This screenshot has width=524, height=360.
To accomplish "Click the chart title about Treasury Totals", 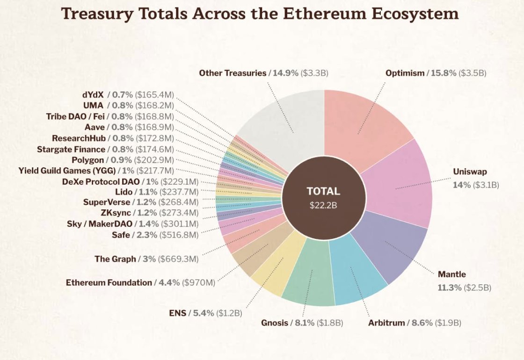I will [x=260, y=14].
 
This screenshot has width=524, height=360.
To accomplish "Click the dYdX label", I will [x=94, y=95].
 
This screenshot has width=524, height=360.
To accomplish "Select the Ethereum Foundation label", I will [x=109, y=282].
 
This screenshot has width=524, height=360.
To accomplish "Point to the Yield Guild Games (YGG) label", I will [x=67, y=171].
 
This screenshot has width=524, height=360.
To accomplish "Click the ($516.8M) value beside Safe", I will [x=179, y=234].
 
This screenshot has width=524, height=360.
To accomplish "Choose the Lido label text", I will [x=124, y=192].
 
